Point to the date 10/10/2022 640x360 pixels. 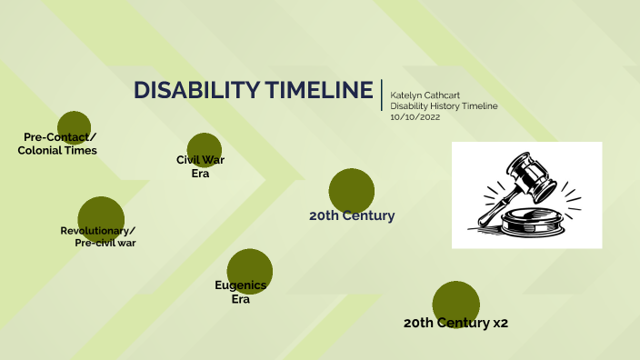pyautogui.click(x=414, y=117)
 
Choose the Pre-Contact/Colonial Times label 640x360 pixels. pyautogui.click(x=58, y=144)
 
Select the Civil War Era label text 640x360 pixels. pyautogui.click(x=200, y=166)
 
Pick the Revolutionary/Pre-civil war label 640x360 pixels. pyautogui.click(x=98, y=236)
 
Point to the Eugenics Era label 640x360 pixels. pyautogui.click(x=241, y=292)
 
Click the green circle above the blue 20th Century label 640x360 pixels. pyautogui.click(x=352, y=188)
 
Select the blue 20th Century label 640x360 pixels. pyautogui.click(x=352, y=216)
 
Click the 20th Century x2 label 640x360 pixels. pyautogui.click(x=455, y=323)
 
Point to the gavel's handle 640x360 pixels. pyautogui.click(x=493, y=205)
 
